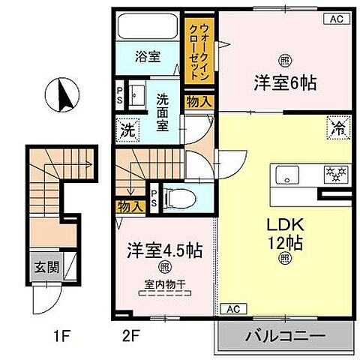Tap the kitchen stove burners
pos(332,175)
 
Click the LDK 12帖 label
pos(283,234)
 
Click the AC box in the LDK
pos(231,308)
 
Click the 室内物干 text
pos(163,283)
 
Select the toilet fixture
pos(177,197)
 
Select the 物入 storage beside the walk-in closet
pos(199,101)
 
